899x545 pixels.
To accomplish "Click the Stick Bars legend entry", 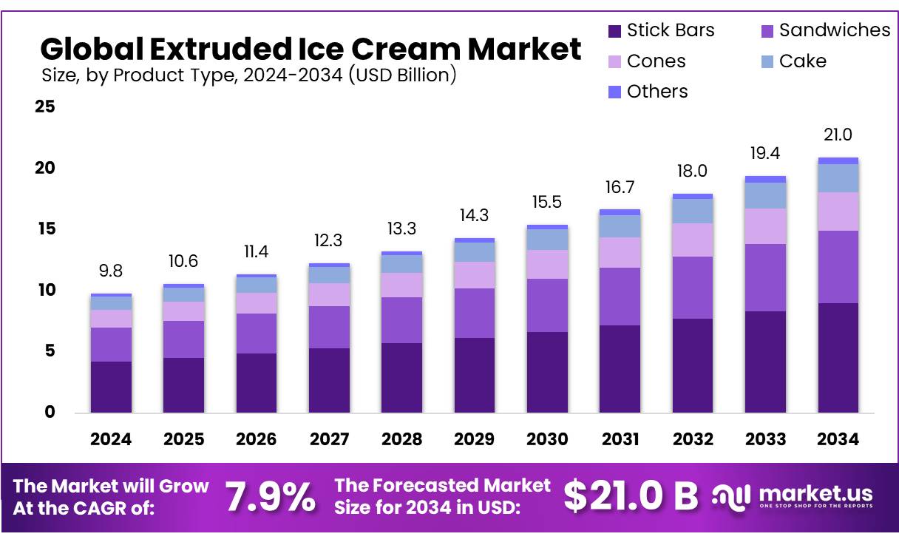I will coord(661,31).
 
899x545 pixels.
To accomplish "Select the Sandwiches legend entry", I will coord(824,31).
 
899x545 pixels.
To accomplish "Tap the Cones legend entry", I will coord(646,61).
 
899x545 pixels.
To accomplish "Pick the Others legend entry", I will coord(648,92).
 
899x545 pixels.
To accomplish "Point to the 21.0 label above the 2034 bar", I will coord(838,135).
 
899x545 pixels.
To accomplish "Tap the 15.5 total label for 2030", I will coord(547,202).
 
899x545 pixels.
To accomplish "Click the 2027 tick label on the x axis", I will coord(329,439).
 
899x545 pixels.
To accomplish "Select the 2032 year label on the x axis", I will coord(693,439).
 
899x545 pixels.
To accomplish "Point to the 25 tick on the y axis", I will coord(45,107).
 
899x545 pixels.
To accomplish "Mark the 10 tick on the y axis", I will coord(45,290).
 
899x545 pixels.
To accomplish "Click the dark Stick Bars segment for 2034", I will coord(838,358).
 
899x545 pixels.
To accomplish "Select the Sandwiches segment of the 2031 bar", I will coord(620,297).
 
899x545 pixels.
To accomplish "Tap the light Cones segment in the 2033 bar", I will coord(765,226).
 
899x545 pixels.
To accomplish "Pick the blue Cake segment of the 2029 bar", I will coord(474,252).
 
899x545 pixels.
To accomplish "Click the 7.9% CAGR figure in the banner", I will coord(270,497).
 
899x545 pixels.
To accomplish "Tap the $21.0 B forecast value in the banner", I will coord(630,497).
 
